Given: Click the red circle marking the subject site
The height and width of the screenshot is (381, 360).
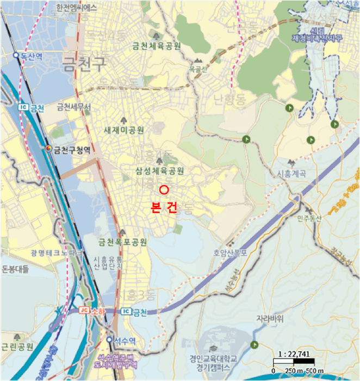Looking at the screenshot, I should (165, 189).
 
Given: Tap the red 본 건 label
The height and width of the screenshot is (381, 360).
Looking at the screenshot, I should (163, 208).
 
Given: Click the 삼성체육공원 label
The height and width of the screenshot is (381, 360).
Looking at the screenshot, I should (160, 171).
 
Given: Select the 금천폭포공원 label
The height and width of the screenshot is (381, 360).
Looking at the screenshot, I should (123, 241).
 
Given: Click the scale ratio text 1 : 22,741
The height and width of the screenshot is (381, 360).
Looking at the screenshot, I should (293, 354).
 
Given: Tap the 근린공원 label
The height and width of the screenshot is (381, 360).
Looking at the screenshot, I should (17, 347).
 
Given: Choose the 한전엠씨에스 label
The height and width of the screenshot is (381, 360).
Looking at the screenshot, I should (76, 8).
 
